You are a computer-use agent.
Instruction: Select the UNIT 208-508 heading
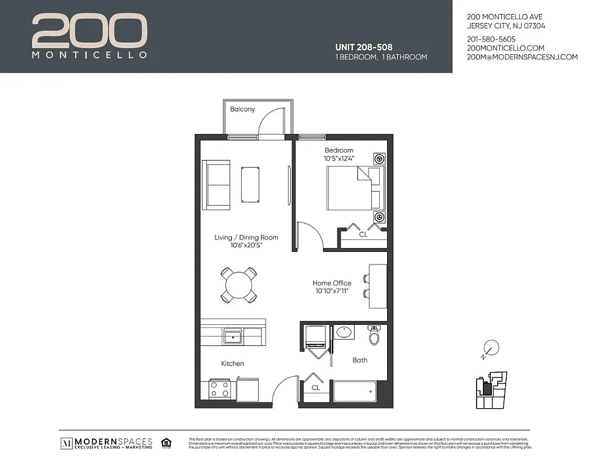pos(364,47)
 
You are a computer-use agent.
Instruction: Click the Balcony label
pos(242,109)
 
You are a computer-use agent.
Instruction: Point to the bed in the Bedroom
pos(353,188)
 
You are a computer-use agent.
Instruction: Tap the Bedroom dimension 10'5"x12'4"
pos(339,158)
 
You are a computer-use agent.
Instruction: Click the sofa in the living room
pos(216,185)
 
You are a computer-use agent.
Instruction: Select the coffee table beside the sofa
pos(250,184)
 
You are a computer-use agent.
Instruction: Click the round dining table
pos(238,284)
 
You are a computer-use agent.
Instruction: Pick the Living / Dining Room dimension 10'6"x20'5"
pos(246,245)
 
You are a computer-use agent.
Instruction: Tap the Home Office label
pos(332,283)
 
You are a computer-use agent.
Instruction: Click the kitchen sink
pos(234,336)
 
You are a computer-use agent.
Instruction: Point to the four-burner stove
pos(220,389)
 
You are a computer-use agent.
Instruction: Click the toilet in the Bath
pos(374,336)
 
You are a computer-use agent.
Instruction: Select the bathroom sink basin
pos(344,332)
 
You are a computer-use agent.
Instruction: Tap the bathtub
pos(355,392)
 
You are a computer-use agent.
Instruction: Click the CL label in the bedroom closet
pos(363,234)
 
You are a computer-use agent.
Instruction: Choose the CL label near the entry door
pos(315,388)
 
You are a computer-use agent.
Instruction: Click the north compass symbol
pos(490,348)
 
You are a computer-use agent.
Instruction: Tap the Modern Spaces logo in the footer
pos(107,443)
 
